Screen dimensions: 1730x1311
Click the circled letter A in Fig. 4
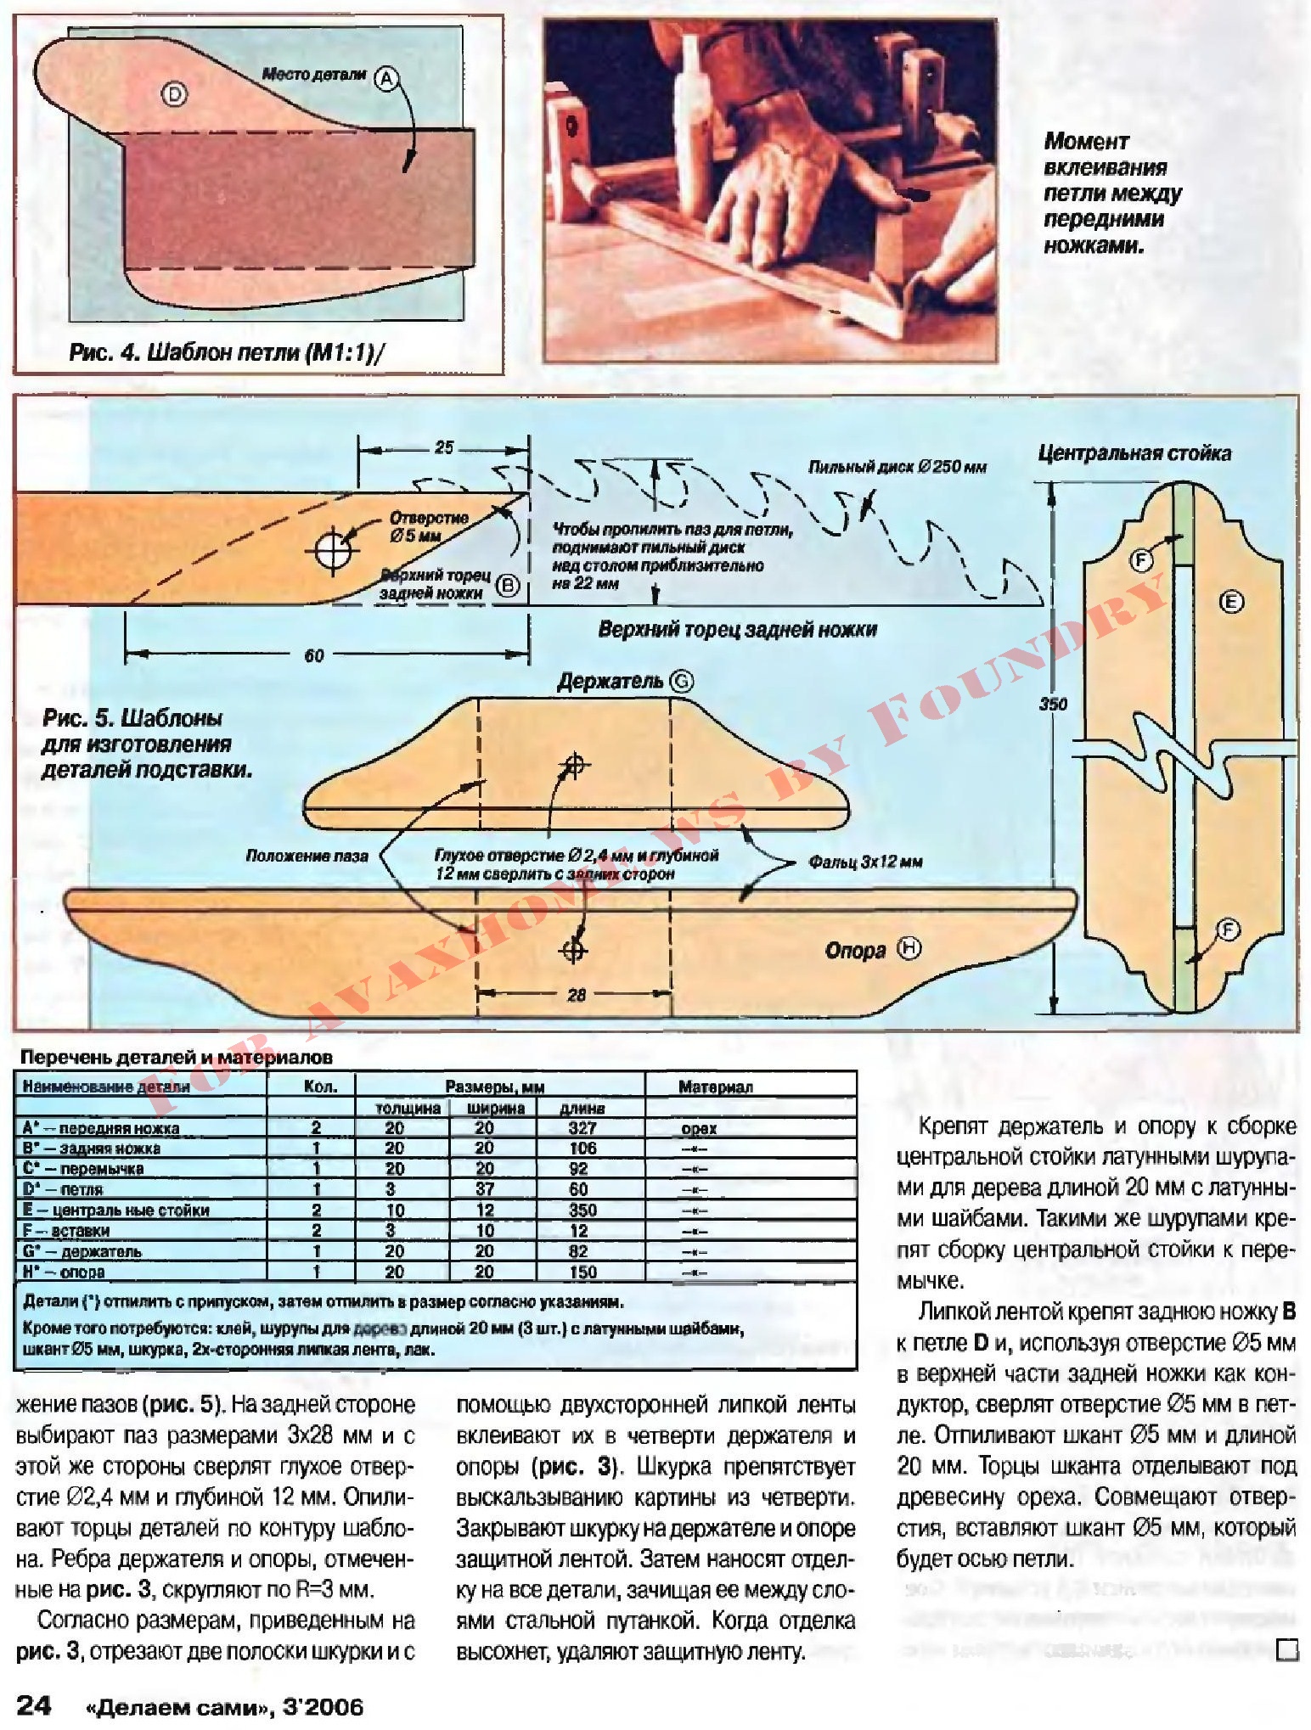386,79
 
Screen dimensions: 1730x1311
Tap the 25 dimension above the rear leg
444,447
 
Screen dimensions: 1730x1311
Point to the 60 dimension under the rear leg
314,655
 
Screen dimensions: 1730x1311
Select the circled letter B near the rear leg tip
507,585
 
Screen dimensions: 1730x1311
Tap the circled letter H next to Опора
910,948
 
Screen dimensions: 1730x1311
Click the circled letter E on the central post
1231,602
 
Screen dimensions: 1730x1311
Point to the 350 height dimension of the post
1053,704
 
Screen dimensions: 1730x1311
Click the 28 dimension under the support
577,995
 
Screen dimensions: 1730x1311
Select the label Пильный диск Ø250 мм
897,467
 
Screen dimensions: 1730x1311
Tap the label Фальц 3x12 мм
864,862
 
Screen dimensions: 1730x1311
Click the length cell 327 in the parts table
582,1128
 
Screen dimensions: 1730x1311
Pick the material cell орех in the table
699,1128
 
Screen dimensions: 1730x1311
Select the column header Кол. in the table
320,1087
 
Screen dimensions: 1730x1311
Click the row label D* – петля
63,1189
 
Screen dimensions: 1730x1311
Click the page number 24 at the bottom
35,1705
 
